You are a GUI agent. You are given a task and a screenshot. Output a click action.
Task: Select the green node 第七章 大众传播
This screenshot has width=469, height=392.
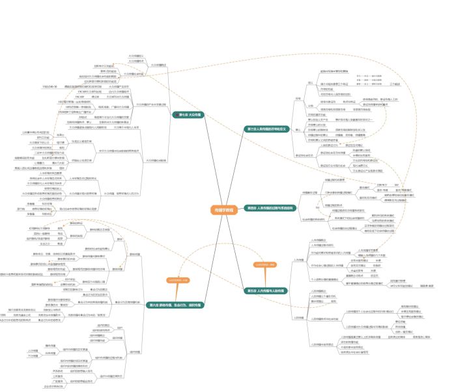(190, 114)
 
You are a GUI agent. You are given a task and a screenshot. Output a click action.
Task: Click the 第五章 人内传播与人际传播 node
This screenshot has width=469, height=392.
(266, 290)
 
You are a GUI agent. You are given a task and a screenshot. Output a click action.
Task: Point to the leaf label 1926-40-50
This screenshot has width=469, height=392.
(51, 86)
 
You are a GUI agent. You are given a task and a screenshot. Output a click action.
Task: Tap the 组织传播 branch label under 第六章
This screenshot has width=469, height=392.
(135, 352)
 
